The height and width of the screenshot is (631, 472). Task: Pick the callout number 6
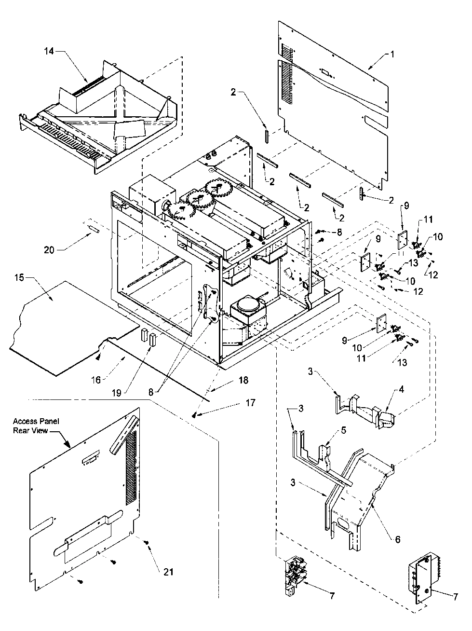pos(398,539)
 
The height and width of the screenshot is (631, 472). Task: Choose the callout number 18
pos(243,380)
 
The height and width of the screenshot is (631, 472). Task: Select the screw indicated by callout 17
pos(195,414)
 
